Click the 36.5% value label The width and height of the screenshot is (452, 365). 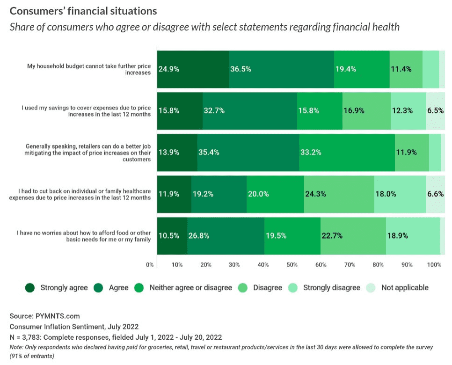coord(241,69)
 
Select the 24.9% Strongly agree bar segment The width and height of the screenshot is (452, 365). coord(193,69)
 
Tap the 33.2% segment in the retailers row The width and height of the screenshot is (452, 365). coord(347,152)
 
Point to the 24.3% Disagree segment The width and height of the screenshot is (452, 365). coord(339,194)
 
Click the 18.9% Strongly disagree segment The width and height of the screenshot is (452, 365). coord(413,236)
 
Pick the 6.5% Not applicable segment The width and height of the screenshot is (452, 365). coord(435,110)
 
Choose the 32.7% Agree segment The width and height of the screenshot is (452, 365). coord(250,110)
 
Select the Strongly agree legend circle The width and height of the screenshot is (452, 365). coord(30,288)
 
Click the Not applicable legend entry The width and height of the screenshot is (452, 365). coord(404,288)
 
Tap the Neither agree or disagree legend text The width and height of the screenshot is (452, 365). coord(190,288)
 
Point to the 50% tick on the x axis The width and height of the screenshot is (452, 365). coord(292,265)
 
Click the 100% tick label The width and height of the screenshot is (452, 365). coord(434,265)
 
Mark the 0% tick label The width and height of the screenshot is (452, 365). coord(150,265)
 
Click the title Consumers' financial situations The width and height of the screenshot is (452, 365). coord(83,10)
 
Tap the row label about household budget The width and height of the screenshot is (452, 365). coord(89,69)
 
